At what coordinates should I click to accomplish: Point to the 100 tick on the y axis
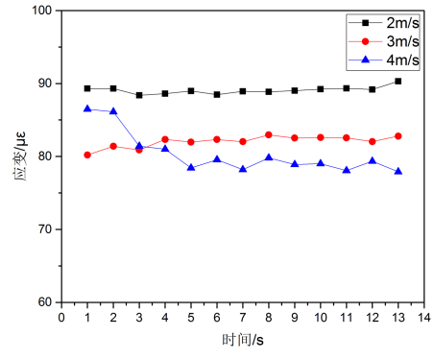(x=45, y=11)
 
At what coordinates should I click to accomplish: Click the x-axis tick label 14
(x=423, y=316)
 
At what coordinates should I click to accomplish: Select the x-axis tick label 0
(x=61, y=316)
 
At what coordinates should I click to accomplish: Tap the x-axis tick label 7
(x=243, y=316)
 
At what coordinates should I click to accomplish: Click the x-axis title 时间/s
(x=243, y=339)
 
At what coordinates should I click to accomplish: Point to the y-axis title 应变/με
(x=17, y=156)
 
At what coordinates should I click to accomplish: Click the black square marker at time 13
(x=398, y=82)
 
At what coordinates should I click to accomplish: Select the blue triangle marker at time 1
(x=87, y=109)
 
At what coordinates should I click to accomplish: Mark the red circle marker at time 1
(x=87, y=155)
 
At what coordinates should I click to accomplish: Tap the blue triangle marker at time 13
(x=398, y=171)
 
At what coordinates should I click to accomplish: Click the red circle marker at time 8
(x=269, y=135)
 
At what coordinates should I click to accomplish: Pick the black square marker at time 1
(x=87, y=88)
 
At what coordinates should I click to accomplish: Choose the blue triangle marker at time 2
(x=113, y=111)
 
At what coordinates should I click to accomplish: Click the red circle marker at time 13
(x=398, y=136)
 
